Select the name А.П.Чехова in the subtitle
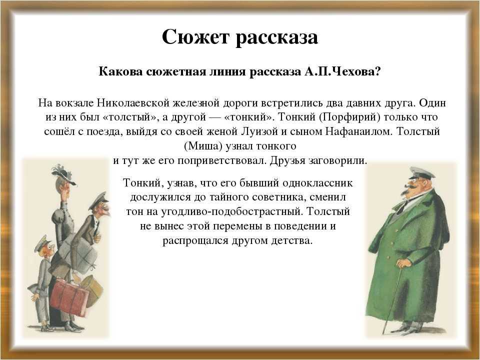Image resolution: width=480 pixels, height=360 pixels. [342, 71]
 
